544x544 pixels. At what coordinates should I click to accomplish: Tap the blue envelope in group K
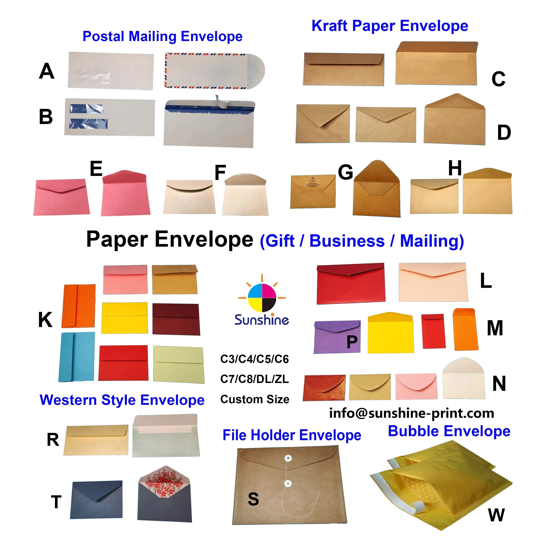pos(77,357)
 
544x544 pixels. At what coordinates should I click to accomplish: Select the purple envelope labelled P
pos(337,337)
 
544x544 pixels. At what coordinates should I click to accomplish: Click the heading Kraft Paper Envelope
pos(390,26)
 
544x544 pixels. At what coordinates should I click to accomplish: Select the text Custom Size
pos(255,399)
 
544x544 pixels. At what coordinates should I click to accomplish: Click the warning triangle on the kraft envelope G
pos(313,179)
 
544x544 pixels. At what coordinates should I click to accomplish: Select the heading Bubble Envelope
pos(449,431)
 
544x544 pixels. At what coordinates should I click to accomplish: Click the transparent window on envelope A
pos(92,76)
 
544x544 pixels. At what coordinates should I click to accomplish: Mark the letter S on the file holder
pos(253,499)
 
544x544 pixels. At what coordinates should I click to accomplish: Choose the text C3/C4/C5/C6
pos(254,359)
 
